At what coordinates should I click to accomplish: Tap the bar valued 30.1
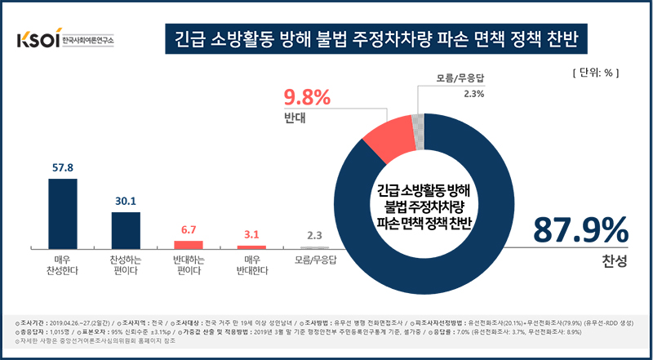click(126, 229)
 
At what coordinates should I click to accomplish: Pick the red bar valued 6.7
click(189, 244)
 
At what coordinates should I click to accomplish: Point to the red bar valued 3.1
click(251, 247)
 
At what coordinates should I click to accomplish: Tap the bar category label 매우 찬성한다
click(63, 265)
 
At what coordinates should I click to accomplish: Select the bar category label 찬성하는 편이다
click(126, 265)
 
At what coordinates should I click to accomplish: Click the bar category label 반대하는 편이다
click(189, 265)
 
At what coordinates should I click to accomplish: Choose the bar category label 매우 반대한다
click(251, 265)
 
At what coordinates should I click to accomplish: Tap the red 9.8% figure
click(306, 99)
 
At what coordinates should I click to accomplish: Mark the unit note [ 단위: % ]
click(596, 73)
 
